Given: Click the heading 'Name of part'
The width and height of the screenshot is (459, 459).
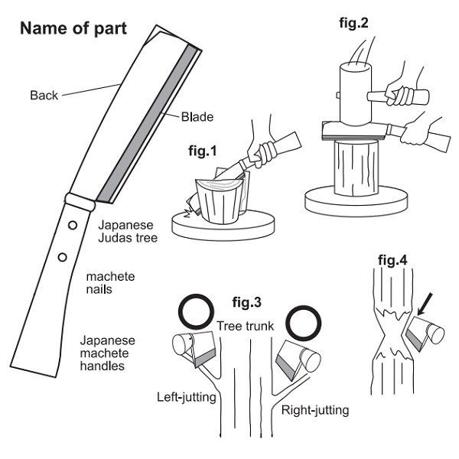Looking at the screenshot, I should coord(73,30).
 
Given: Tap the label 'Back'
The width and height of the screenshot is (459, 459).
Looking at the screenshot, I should coord(44,96).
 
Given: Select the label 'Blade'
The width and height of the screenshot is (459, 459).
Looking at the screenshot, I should coord(197,117).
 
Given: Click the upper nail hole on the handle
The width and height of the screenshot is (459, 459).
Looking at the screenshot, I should coord(70,226).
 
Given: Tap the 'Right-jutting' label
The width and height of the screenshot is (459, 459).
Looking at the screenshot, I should coord(315,410).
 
